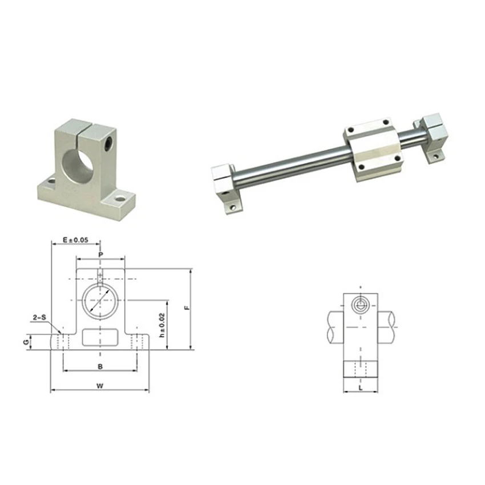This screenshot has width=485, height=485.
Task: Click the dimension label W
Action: [100, 386]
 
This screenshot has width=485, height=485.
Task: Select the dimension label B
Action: [100, 366]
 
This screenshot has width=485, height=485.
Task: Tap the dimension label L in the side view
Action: [361, 388]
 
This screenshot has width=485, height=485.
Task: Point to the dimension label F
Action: [186, 308]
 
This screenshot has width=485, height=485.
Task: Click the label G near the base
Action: [27, 342]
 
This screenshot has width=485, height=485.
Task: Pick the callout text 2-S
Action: [39, 317]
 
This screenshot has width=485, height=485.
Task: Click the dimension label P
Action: [100, 255]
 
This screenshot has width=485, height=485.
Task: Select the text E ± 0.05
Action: [75, 240]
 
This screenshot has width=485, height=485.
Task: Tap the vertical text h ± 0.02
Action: [162, 325]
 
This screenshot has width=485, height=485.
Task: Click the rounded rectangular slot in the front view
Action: [100, 337]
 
